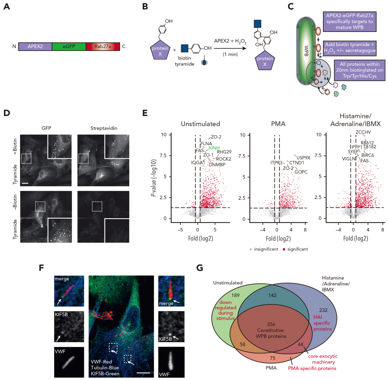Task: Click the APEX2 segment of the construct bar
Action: [x=35, y=46]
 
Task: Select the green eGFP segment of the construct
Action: [x=69, y=46]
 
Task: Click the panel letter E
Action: [x=145, y=112]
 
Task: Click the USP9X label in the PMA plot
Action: [x=300, y=157]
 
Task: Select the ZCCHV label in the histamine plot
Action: [x=363, y=132]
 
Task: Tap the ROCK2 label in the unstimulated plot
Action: [x=223, y=159]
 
